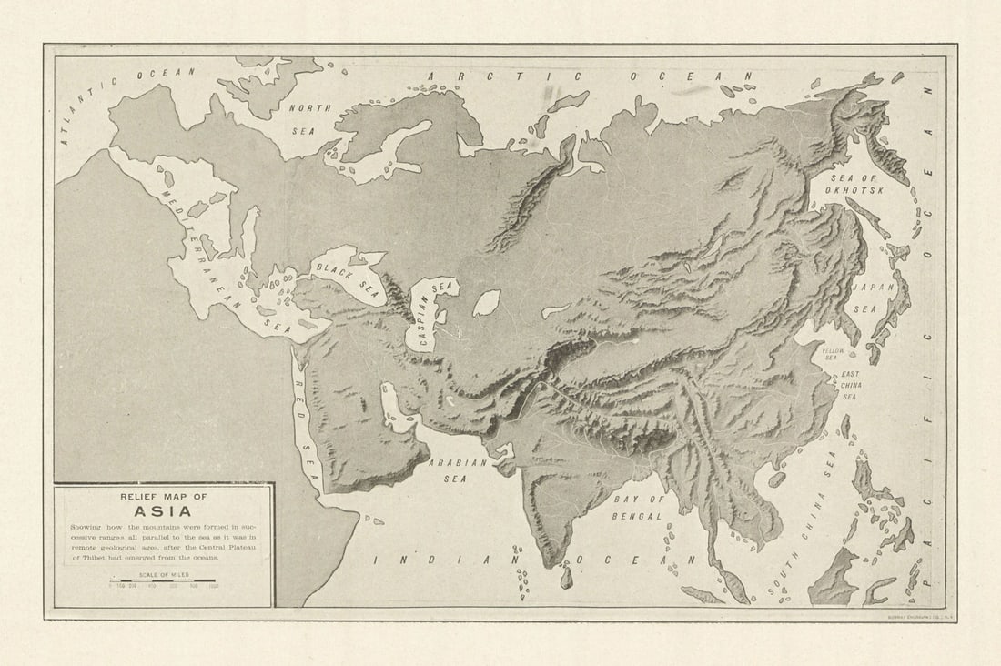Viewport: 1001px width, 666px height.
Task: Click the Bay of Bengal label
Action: [x=639, y=508]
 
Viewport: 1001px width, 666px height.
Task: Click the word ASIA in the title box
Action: [x=163, y=510]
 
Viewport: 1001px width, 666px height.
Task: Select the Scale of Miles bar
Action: [x=163, y=582]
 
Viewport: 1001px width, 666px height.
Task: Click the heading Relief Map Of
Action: [x=164, y=496]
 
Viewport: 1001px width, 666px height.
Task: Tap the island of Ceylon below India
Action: [x=566, y=576]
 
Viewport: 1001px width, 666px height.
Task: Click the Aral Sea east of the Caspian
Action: [x=486, y=303]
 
